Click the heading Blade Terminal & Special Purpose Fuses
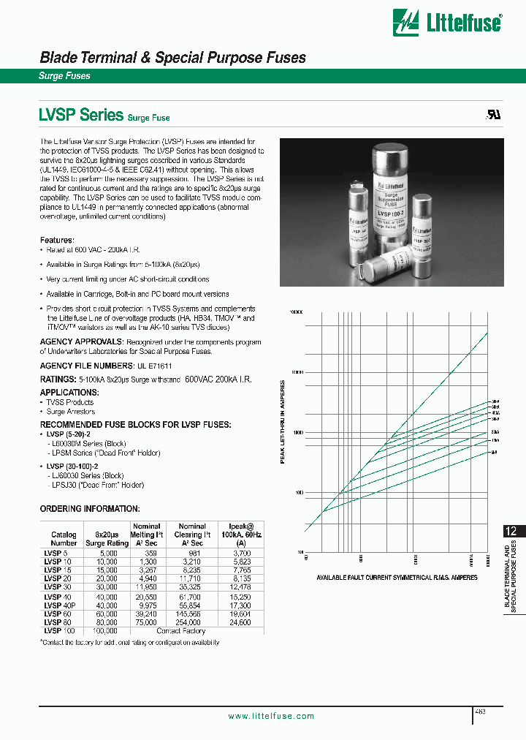pyautogui.click(x=172, y=58)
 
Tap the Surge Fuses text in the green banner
pyautogui.click(x=64, y=76)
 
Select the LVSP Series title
pyautogui.click(x=80, y=115)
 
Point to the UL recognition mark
pyautogui.click(x=494, y=116)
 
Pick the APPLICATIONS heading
pyautogui.click(x=69, y=393)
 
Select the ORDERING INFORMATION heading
pyautogui.click(x=89, y=508)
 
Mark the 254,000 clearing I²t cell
pyautogui.click(x=192, y=622)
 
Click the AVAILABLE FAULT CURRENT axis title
pyautogui.click(x=396, y=578)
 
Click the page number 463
pyautogui.click(x=480, y=711)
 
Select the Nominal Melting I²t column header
pyautogui.click(x=146, y=535)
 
